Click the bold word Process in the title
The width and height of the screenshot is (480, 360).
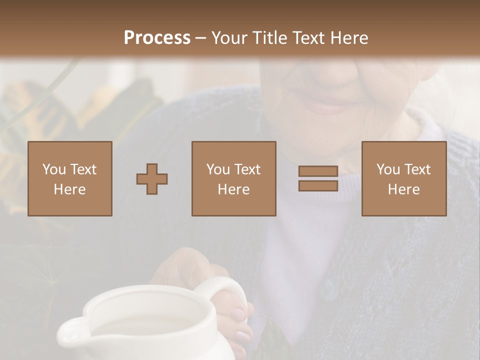click(x=157, y=38)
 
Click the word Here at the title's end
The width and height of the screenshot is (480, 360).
click(x=349, y=38)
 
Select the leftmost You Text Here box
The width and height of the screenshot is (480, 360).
click(x=70, y=179)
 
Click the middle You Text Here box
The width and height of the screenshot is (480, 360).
click(x=234, y=179)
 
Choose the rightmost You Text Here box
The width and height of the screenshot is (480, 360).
click(x=404, y=179)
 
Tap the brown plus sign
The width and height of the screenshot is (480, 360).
click(x=152, y=179)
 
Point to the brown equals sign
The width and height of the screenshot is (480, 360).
click(x=318, y=178)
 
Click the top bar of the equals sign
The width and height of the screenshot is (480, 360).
click(x=318, y=171)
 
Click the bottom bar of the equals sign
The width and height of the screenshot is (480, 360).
click(x=318, y=185)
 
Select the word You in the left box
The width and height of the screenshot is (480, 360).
click(x=54, y=169)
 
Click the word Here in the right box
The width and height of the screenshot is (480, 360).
click(x=404, y=189)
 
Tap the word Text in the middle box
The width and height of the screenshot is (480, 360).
click(x=247, y=169)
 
